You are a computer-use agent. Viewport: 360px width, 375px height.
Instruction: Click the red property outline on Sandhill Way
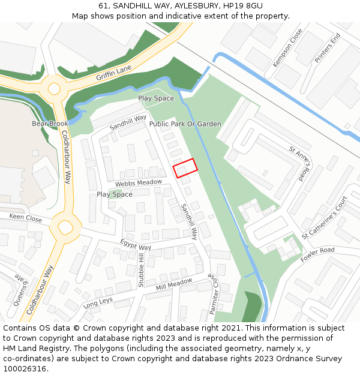click(x=185, y=167)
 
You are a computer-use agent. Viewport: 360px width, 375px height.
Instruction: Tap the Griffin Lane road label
click(x=113, y=73)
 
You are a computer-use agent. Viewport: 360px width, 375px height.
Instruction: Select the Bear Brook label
click(x=50, y=124)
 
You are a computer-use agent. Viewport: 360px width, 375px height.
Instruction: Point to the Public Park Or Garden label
click(x=185, y=124)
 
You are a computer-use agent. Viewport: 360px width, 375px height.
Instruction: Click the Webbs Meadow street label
click(x=139, y=182)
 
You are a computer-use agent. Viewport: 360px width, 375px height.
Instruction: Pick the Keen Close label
click(x=25, y=218)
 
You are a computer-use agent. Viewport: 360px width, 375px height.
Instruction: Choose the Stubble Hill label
click(x=141, y=270)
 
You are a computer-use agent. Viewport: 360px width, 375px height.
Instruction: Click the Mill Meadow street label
click(x=173, y=282)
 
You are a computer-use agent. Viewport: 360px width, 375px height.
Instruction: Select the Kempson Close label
click(x=287, y=47)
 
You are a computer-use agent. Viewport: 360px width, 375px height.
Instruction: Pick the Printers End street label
click(x=327, y=49)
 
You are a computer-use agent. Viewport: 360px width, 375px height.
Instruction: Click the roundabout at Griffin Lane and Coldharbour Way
click(x=54, y=89)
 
